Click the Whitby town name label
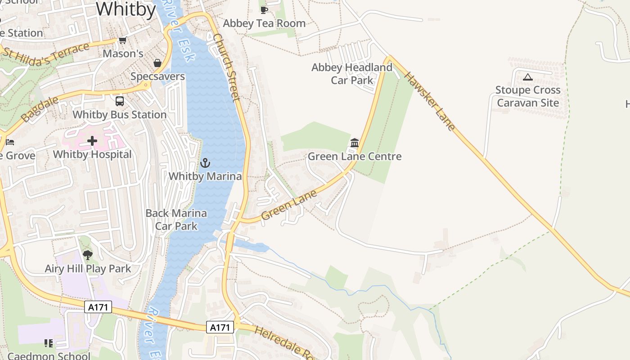126,9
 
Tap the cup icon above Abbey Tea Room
264,10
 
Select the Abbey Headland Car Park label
352,74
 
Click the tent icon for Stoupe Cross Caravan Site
528,77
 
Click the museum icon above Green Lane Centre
355,143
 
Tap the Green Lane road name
289,205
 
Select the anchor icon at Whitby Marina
205,162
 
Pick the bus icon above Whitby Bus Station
120,101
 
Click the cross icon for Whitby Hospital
92,141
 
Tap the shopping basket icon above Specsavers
157,63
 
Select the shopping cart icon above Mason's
122,40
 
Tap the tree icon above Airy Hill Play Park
88,255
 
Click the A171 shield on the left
98,307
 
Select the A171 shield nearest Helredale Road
220,327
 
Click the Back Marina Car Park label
176,220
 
